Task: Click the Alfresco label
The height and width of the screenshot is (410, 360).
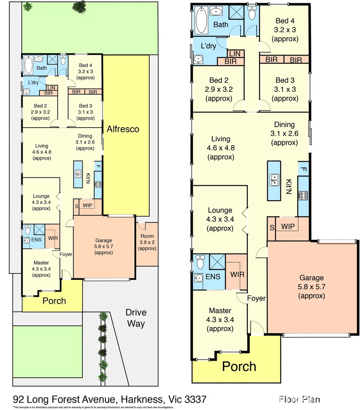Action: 123,129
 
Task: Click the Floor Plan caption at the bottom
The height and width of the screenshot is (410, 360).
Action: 299,399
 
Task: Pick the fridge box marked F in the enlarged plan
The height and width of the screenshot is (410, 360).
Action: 303,169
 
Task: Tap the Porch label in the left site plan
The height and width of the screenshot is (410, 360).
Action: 54,301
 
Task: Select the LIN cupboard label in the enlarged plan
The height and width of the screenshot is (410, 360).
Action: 235,54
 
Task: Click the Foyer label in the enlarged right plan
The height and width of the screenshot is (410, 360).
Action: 256,298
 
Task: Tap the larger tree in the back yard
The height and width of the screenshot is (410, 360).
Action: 79,6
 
